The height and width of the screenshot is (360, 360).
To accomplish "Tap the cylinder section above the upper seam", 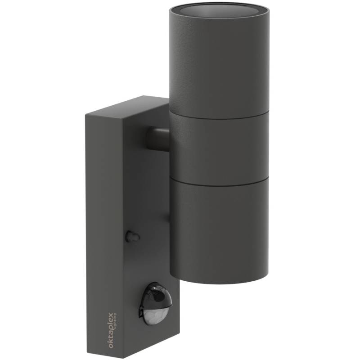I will click(219, 63).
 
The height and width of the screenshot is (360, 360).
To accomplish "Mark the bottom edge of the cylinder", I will click(219, 283).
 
